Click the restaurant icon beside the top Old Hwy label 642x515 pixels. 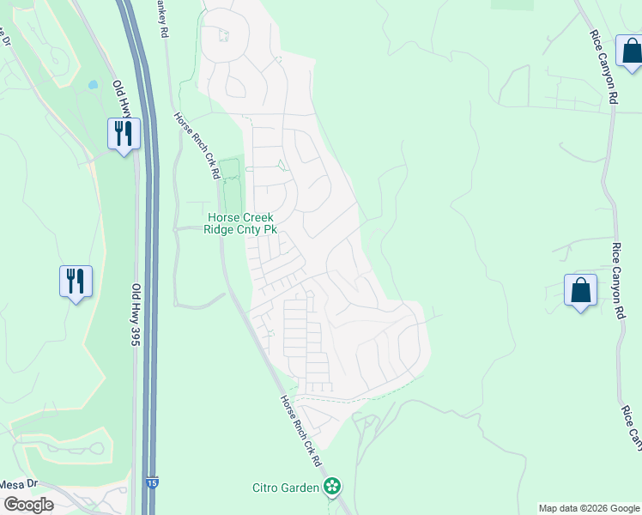coord(124,134)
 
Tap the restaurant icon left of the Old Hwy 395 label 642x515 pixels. coord(76,281)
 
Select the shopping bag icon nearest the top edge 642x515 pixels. coord(631,51)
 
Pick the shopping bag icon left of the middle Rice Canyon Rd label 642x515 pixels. coord(580,289)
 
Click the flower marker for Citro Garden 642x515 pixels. coord(332,488)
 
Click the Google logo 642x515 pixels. coord(28,505)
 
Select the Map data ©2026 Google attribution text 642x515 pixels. coord(589,508)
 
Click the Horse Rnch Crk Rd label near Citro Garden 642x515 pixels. coord(300,432)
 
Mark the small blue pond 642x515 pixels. coord(92,86)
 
